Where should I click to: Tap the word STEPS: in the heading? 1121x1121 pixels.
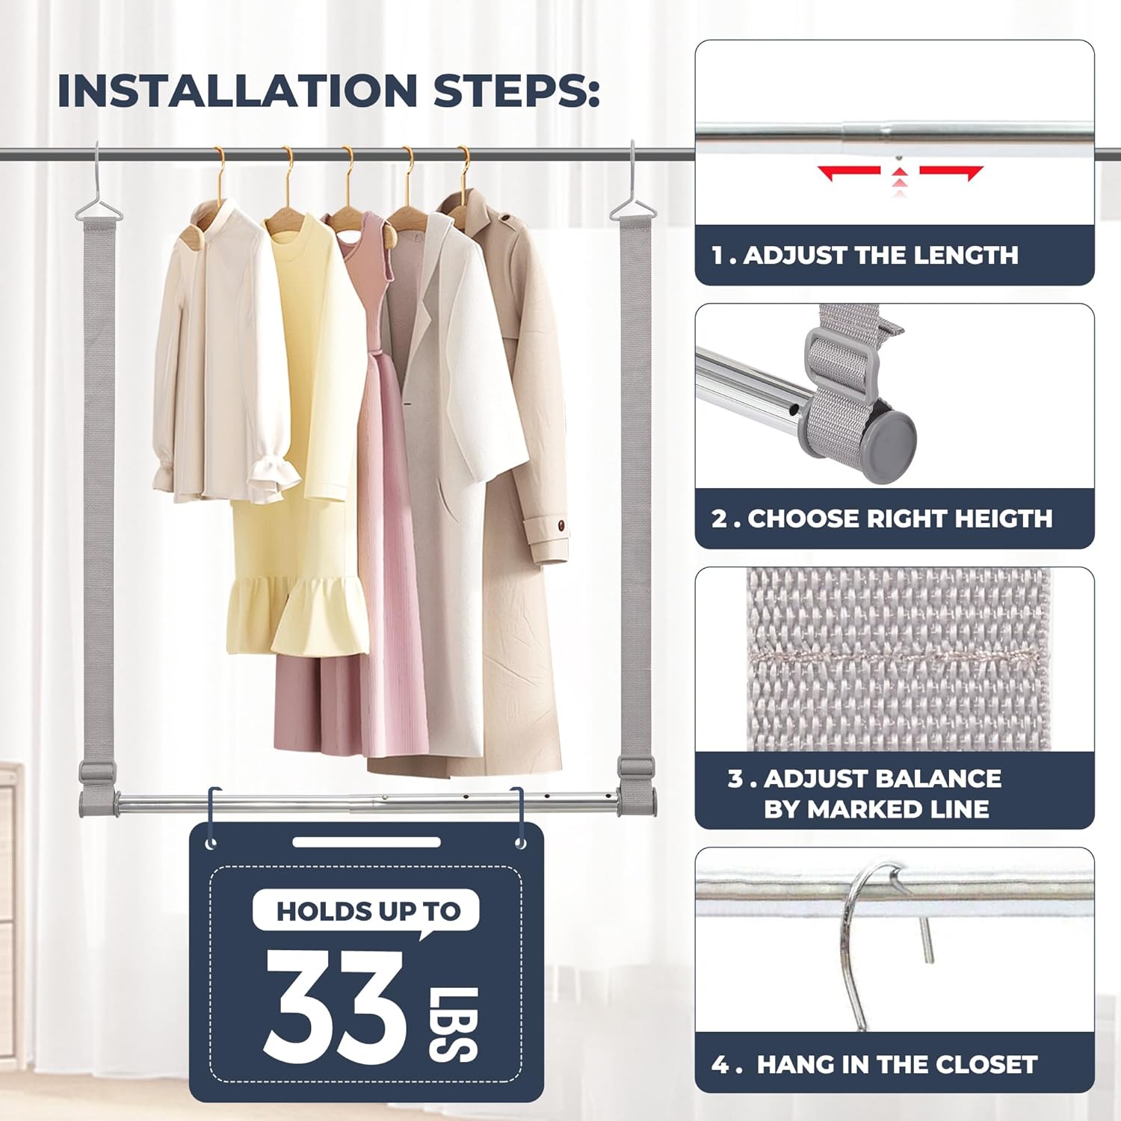point(516,91)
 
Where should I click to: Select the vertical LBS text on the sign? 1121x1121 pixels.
point(453,1023)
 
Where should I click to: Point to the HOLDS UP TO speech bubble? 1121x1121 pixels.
point(366,911)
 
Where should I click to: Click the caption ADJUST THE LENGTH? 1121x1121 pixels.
point(880,256)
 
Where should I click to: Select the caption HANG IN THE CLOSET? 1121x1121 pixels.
point(897,1064)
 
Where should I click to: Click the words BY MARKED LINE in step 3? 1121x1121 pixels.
point(876,809)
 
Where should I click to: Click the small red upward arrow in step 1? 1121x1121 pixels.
point(900,173)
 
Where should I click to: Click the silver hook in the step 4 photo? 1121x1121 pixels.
point(859,942)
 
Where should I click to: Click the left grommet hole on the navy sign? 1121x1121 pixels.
point(211,844)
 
